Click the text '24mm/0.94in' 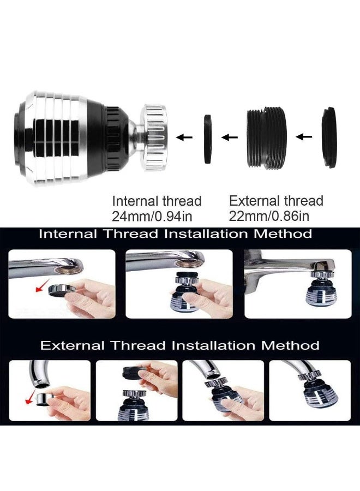coord(152,216)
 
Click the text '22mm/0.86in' coord(269,216)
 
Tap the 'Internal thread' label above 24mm coord(157,201)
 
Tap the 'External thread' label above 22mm coord(276,200)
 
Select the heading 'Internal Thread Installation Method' coord(176,234)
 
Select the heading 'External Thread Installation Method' coord(180,345)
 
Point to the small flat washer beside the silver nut coord(208,139)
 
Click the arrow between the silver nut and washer coord(185,138)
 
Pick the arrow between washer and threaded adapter coord(230,137)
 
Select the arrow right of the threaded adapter coord(303,136)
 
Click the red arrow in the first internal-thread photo coord(39,286)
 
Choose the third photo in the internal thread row coord(297,284)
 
